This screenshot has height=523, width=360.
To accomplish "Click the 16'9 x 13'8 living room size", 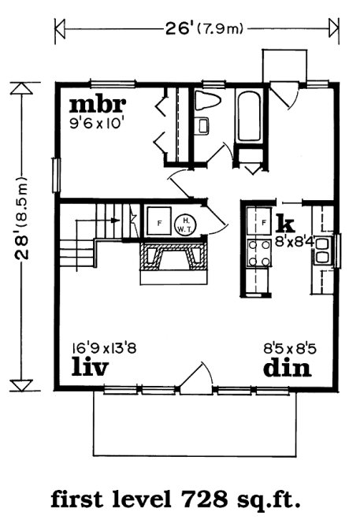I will tap(104, 346).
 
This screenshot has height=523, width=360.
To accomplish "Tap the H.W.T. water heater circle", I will tap(184, 223).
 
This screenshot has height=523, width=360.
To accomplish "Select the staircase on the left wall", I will tap(89, 232).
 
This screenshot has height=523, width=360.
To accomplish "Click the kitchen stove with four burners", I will tap(258, 253).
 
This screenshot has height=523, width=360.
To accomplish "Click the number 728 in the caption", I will tap(206, 499).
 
